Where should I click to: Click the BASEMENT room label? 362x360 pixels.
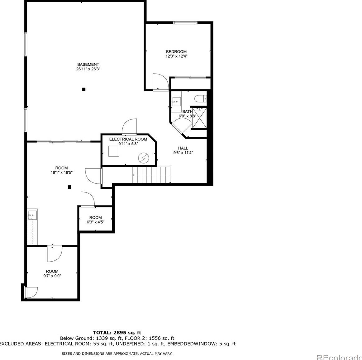pyautogui.click(x=88, y=64)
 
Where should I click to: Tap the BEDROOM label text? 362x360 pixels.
pyautogui.click(x=176, y=52)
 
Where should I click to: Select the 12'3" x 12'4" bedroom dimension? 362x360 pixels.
pyautogui.click(x=176, y=56)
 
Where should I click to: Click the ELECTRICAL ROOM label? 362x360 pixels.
pyautogui.click(x=128, y=139)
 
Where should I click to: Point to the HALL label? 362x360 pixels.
pyautogui.click(x=183, y=148)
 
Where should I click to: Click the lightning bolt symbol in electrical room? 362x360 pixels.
pyautogui.click(x=144, y=158)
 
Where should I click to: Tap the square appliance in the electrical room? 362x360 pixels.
pyautogui.click(x=114, y=151)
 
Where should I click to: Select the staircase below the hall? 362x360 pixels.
pyautogui.click(x=151, y=175)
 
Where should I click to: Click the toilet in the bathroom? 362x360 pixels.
pyautogui.click(x=200, y=99)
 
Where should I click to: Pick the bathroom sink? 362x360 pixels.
pyautogui.click(x=176, y=101)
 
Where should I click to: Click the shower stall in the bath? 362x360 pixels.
pyautogui.click(x=199, y=118)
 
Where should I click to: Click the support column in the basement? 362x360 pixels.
pyautogui.click(x=83, y=89)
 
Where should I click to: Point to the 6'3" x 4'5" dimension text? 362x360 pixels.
pyautogui.click(x=95, y=222)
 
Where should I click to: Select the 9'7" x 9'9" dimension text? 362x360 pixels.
pyautogui.click(x=52, y=276)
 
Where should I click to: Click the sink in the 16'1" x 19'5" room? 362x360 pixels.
pyautogui.click(x=32, y=215)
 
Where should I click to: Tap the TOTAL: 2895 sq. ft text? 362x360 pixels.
pyautogui.click(x=117, y=333)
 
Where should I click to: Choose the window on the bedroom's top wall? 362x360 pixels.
pyautogui.click(x=185, y=22)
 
